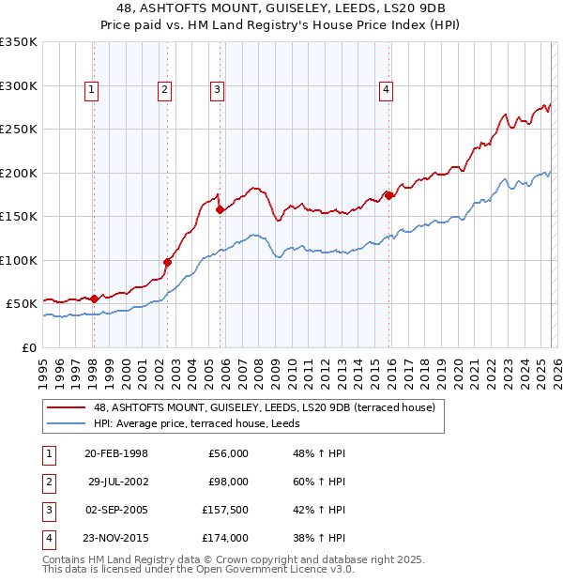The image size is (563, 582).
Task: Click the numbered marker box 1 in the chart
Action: (x=92, y=90)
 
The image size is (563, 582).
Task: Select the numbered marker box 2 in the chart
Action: (x=164, y=90)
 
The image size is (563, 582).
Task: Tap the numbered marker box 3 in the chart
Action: (x=217, y=90)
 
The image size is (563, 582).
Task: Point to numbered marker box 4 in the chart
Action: (x=386, y=90)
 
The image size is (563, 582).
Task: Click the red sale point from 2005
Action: (x=220, y=210)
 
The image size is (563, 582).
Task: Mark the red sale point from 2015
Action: (x=388, y=196)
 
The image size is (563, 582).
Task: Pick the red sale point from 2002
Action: (x=168, y=262)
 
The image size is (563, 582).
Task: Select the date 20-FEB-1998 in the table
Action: (x=116, y=453)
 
